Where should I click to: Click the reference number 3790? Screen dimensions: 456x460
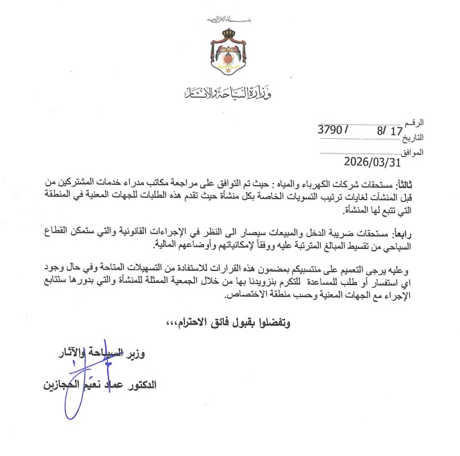click(x=333, y=132)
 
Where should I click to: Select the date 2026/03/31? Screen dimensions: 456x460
click(x=371, y=162)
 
